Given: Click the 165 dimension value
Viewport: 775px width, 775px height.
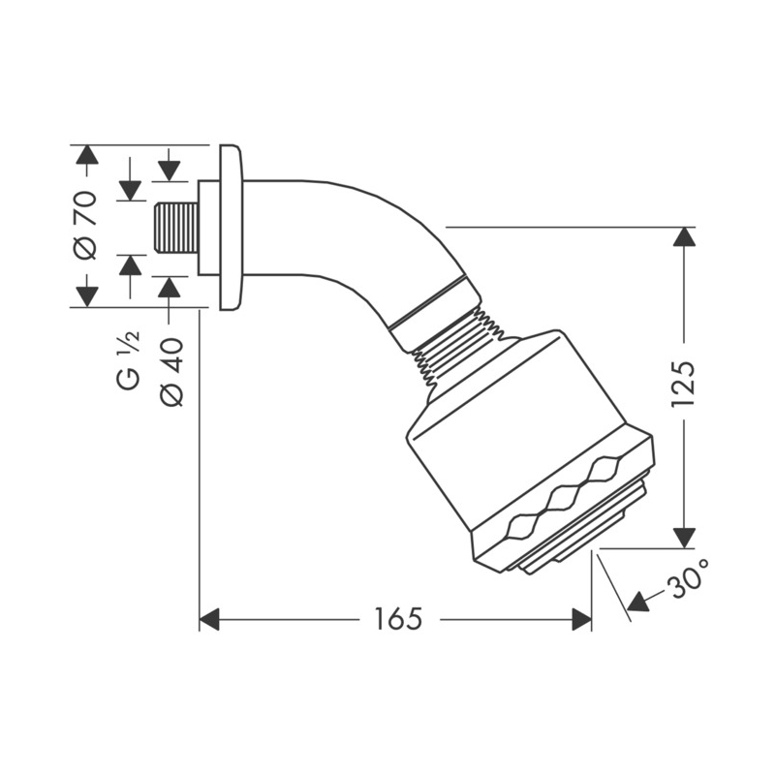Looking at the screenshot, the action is [x=399, y=619].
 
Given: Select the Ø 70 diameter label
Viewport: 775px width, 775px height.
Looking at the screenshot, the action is [x=85, y=225].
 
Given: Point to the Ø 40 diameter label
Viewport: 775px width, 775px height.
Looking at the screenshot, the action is [x=171, y=372].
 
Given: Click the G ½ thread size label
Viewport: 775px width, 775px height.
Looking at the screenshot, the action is [x=129, y=359].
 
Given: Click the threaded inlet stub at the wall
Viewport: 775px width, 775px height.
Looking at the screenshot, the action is [x=177, y=228].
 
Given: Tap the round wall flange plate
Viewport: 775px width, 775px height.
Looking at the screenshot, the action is [x=231, y=228].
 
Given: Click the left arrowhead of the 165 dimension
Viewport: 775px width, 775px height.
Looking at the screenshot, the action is [x=209, y=619].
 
